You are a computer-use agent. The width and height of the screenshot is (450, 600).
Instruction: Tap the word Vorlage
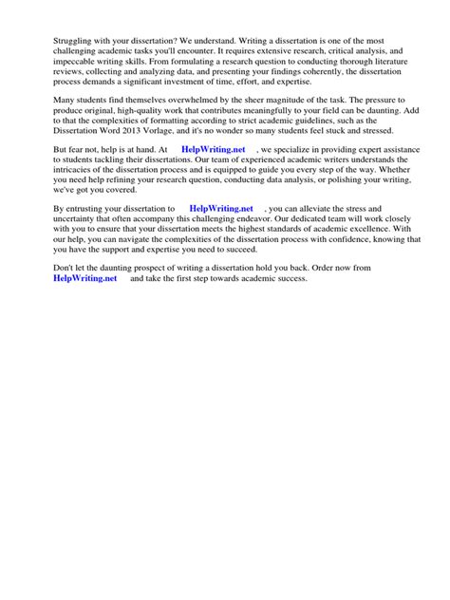(x=176, y=139)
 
